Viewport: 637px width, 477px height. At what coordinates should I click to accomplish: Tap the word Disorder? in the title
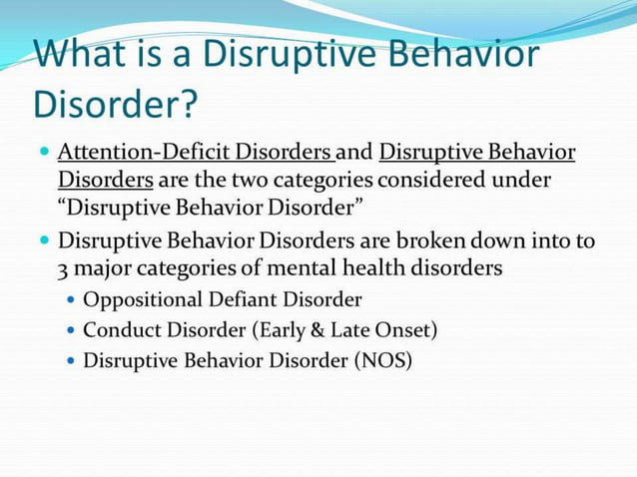point(116,102)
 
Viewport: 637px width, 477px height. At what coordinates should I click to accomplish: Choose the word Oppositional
point(141,299)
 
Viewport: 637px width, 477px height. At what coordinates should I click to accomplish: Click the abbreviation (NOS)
point(381,360)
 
